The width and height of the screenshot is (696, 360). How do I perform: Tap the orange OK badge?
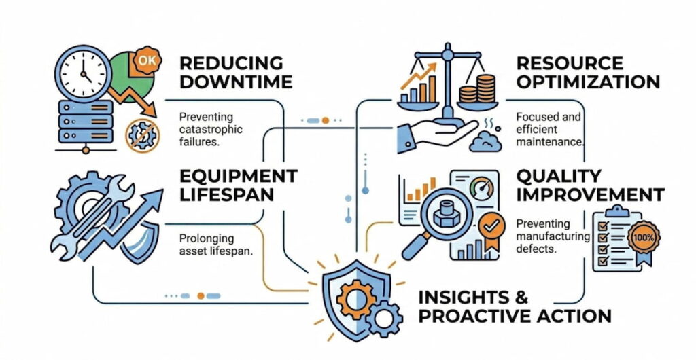coord(145,60)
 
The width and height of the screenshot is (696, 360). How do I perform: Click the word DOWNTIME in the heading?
coord(235,82)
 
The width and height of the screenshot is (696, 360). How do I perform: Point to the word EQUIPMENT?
coord(238,176)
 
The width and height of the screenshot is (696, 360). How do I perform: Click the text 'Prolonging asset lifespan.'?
coord(216,245)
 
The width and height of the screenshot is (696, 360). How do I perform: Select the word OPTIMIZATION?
coord(587,82)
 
